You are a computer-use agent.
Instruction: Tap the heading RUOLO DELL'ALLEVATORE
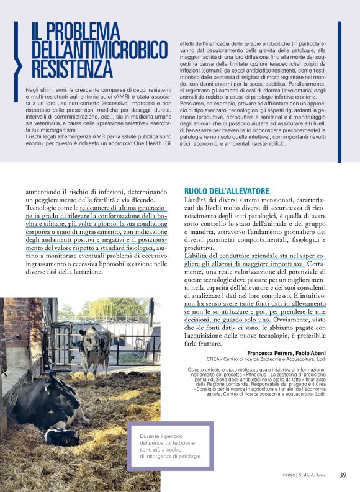(x=227, y=191)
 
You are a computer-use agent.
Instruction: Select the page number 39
(x=343, y=475)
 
